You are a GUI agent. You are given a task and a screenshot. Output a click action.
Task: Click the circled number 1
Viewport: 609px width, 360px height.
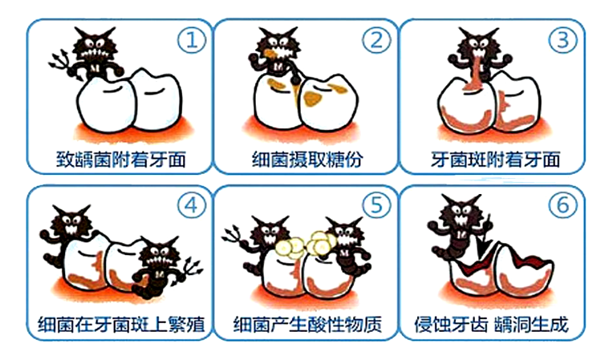pos(193,40)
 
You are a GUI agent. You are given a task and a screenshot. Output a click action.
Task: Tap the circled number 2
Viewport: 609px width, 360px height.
pos(377,40)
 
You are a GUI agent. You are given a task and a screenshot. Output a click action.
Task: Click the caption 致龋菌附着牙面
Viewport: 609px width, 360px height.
pos(121,160)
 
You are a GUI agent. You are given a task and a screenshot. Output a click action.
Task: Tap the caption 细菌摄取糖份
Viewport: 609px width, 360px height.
pos(307,160)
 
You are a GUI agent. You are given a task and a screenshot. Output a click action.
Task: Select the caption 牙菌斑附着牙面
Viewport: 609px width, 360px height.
pos(496,160)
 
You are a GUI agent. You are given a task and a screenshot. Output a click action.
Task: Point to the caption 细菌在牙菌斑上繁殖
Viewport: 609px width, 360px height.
pos(121,324)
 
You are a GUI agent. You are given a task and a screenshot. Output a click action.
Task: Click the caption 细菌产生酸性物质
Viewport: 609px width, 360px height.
pos(307,324)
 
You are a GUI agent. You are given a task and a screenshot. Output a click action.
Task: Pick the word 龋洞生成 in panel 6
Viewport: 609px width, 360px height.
pos(531,324)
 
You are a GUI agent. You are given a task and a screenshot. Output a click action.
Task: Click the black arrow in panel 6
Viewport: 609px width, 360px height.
pos(484,239)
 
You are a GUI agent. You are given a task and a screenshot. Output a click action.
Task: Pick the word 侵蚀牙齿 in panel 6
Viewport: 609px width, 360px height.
pos(451,324)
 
